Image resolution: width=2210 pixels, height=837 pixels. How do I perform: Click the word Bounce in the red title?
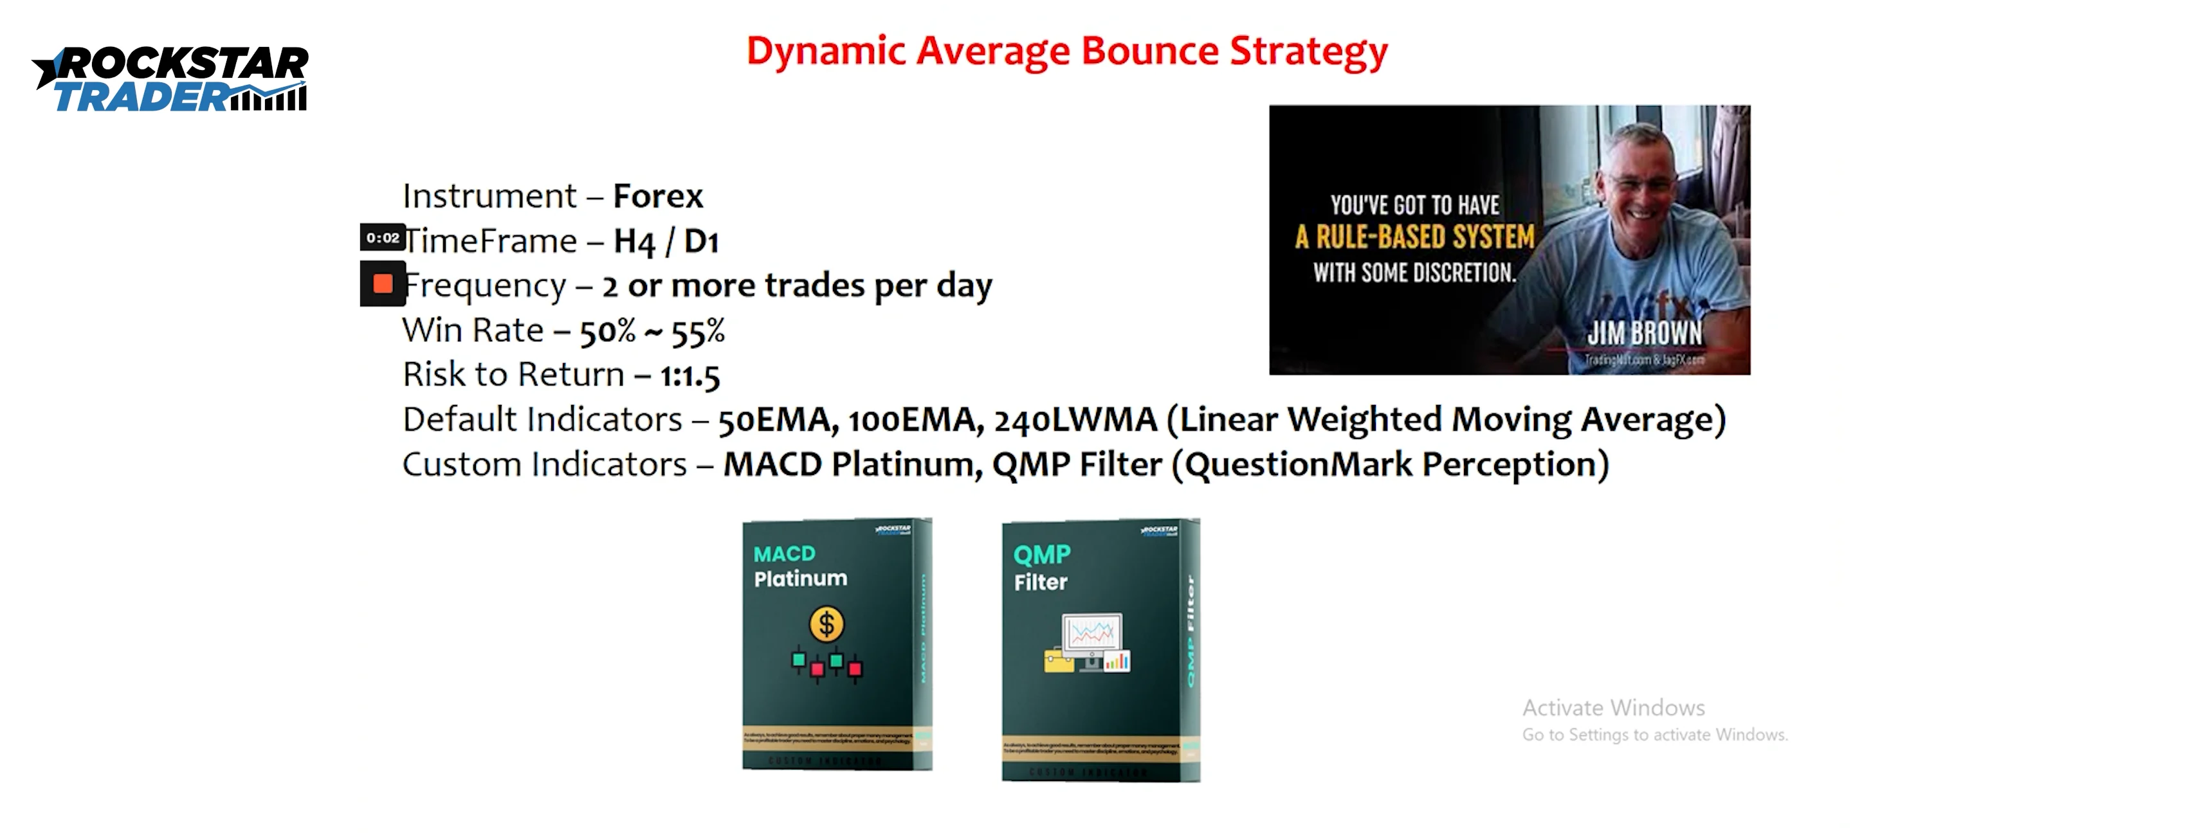click(1149, 51)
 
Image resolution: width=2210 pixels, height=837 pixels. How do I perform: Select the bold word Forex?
click(657, 196)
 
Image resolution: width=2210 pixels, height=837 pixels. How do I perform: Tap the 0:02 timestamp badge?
click(382, 238)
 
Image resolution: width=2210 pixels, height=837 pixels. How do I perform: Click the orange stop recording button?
click(383, 284)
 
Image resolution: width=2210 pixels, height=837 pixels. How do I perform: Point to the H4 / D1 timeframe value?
click(666, 242)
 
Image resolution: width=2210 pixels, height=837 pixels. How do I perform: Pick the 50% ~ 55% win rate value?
click(652, 331)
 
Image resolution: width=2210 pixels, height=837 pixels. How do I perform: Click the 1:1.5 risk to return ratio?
click(689, 375)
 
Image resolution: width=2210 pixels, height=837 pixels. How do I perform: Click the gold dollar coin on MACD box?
click(826, 624)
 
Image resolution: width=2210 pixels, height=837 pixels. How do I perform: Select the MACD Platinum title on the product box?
click(799, 566)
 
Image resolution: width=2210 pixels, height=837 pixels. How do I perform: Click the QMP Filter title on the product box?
click(1041, 568)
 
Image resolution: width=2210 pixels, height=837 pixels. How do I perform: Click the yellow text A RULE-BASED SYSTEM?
click(1415, 237)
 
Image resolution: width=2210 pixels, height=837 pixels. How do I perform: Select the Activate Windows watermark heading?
click(1613, 708)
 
